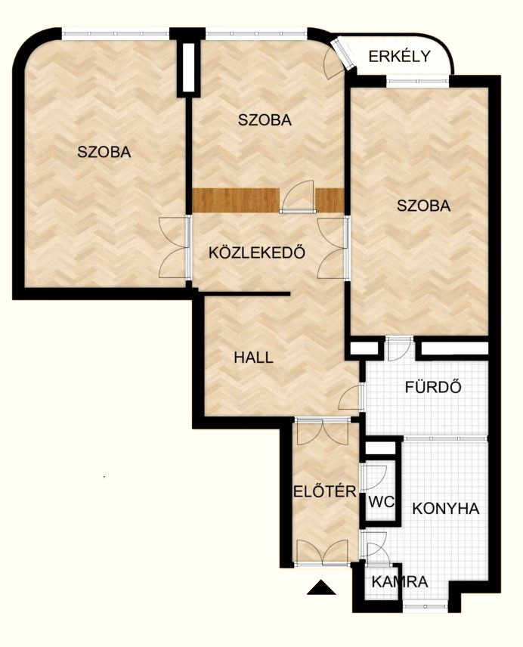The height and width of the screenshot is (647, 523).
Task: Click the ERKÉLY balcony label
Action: point(399,56)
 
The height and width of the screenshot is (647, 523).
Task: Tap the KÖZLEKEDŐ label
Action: point(257,252)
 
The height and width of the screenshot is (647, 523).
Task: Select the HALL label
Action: point(253,358)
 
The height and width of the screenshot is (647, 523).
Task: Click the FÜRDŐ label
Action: point(433,387)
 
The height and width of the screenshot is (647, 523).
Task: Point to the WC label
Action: point(381,502)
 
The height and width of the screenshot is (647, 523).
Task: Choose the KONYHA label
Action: point(446,509)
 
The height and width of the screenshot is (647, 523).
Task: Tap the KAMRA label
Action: point(399,582)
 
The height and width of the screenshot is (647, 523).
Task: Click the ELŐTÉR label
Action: point(325,491)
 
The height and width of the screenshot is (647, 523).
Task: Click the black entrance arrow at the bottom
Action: point(321,587)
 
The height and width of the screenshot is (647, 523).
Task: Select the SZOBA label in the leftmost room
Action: point(104,152)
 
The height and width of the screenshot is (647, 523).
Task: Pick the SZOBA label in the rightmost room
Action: point(423,206)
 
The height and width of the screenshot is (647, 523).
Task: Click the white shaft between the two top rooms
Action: point(188,67)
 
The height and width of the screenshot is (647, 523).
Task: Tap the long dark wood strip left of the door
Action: point(236,200)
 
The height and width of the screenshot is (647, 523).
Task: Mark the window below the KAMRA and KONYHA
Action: point(425,606)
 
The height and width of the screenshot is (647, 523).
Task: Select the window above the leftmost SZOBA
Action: point(116,33)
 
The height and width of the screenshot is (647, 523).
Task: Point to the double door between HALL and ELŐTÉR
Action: point(323,432)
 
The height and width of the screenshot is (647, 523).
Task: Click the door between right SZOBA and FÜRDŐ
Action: point(399,349)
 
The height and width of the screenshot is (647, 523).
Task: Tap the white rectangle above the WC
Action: point(381,447)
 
